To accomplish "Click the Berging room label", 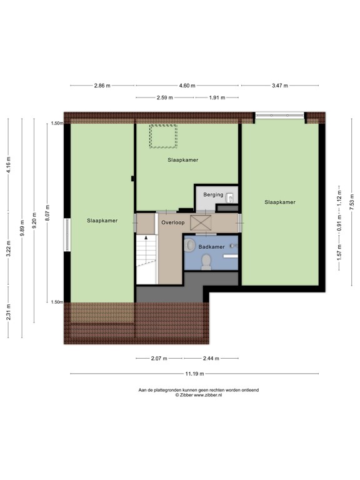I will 213,195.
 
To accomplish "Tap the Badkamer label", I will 211,247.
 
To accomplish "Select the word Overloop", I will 171,222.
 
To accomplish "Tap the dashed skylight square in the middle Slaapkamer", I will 162,136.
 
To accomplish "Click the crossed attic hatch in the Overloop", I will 201,222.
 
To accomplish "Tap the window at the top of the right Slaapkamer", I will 279,116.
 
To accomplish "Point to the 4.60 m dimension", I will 187,86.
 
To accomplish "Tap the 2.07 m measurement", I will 159,359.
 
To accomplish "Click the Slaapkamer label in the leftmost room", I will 102,221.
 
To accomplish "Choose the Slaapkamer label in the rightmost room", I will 279,202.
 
